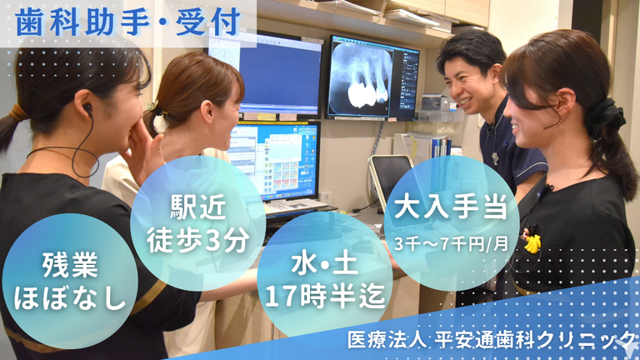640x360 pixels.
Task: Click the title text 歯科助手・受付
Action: click(127, 22)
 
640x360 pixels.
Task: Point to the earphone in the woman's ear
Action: click(87, 108)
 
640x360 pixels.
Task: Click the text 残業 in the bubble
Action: click(70, 265)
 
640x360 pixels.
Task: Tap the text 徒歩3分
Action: click(197, 240)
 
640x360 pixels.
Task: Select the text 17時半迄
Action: click(325, 296)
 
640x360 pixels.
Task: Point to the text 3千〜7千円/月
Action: click(451, 244)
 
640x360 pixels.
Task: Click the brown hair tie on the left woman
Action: click(17, 112)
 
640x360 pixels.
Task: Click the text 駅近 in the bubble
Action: click(197, 207)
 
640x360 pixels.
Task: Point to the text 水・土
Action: click(325, 263)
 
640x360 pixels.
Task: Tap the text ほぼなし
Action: click(70, 297)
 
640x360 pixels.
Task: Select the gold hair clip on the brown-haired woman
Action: click(152, 107)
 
